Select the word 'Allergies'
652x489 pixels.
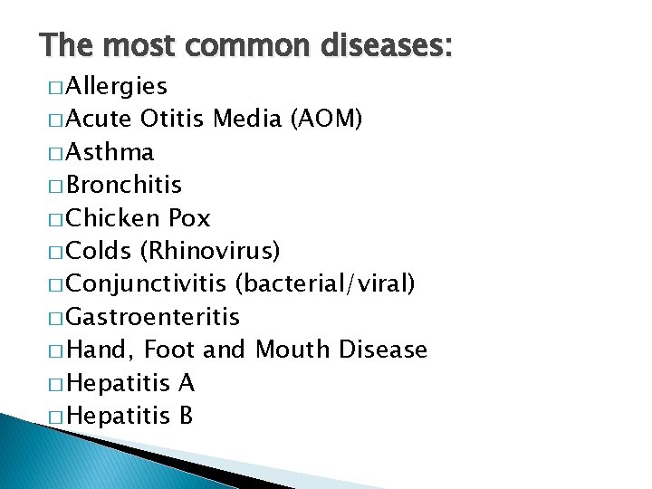pos(117,86)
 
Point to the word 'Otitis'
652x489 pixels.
pos(174,119)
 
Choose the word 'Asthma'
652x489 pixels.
pos(110,152)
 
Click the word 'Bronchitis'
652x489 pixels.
pos(124,185)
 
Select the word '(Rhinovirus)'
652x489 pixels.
pos(216,251)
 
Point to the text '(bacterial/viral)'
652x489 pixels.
pos(325,284)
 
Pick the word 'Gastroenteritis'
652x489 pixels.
pos(153,317)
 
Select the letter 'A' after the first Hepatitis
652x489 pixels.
pos(186,383)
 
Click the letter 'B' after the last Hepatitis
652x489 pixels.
pos(186,416)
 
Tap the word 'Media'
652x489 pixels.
pos(246,119)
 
